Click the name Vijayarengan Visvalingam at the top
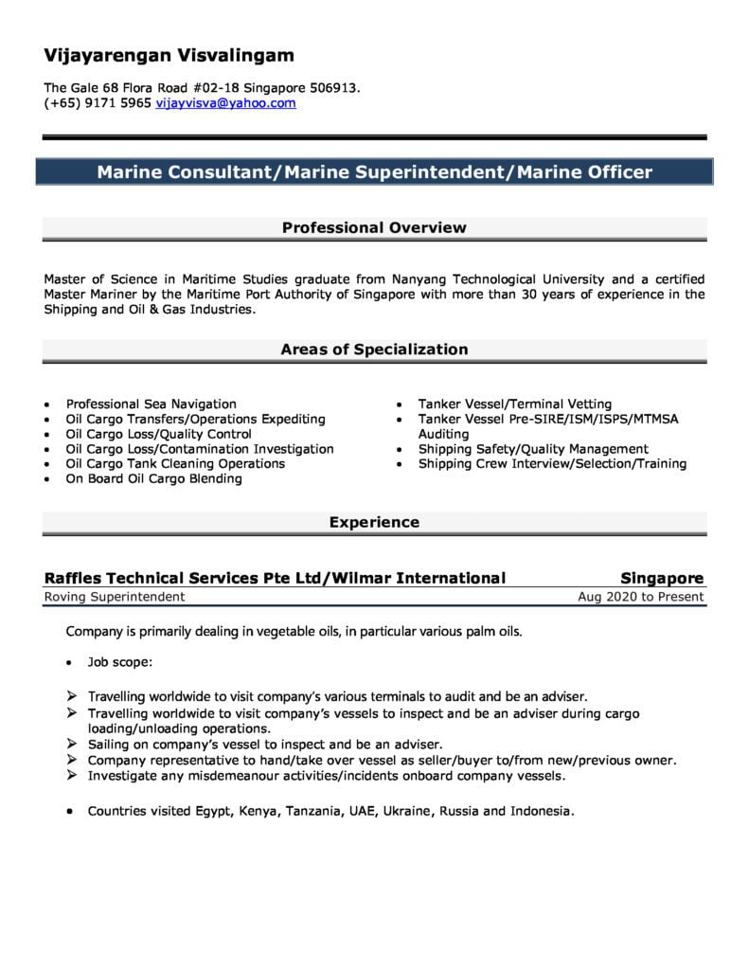pyautogui.click(x=169, y=55)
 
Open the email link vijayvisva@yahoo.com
pyautogui.click(x=225, y=103)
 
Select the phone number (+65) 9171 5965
pyautogui.click(x=97, y=103)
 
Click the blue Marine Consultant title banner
pyautogui.click(x=374, y=172)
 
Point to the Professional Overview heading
pyautogui.click(x=374, y=227)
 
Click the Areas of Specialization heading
pyautogui.click(x=374, y=350)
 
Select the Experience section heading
pyautogui.click(x=374, y=522)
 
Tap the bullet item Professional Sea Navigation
pyautogui.click(x=151, y=404)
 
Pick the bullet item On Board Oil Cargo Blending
pyautogui.click(x=153, y=479)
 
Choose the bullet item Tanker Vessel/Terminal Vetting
pyautogui.click(x=514, y=404)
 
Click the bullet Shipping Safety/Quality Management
pyautogui.click(x=533, y=449)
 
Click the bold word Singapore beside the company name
pyautogui.click(x=662, y=578)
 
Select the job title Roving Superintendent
pyautogui.click(x=114, y=597)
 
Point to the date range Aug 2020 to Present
pyautogui.click(x=640, y=597)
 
